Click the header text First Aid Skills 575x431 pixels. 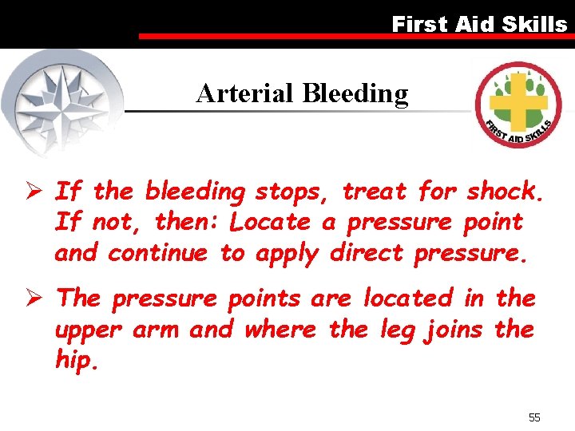pos(479,24)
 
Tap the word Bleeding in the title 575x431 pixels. pos(355,94)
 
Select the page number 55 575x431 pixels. pos(534,417)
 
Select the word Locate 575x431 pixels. pos(272,222)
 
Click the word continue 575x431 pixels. pos(157,253)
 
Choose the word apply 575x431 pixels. pos(287,254)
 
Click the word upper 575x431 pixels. pos(86,330)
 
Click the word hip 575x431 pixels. pos(76,360)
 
